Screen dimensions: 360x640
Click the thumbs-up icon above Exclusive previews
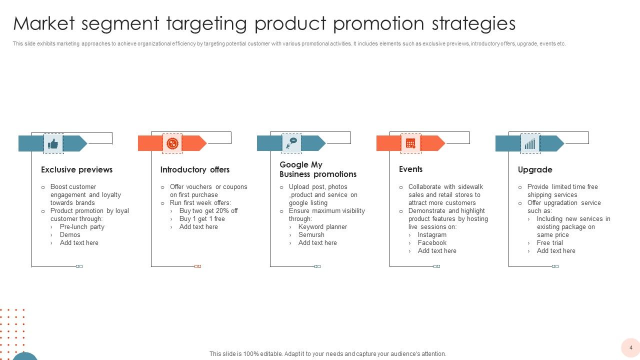pos(53,144)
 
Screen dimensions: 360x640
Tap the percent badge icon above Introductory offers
pos(172,144)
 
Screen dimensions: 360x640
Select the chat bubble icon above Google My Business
pos(291,144)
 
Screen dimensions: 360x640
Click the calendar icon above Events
pos(410,144)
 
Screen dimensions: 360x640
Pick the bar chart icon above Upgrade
pos(530,144)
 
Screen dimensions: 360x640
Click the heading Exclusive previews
pos(76,170)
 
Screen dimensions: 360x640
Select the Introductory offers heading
pos(195,170)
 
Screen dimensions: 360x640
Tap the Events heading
pos(410,169)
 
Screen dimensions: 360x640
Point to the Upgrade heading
pos(535,170)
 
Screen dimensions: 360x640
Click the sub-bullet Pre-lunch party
pos(82,227)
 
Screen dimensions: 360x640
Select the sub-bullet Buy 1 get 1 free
pos(202,219)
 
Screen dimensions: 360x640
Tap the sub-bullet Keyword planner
pos(322,227)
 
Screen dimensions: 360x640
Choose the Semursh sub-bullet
pos(311,235)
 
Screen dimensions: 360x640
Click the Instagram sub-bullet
pos(432,235)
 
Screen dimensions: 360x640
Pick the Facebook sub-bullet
pos(432,243)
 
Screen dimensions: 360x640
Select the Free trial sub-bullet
pos(550,243)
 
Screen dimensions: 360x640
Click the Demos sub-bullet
pos(70,235)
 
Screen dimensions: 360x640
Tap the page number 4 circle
pos(630,347)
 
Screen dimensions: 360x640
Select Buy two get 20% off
pos(208,211)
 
